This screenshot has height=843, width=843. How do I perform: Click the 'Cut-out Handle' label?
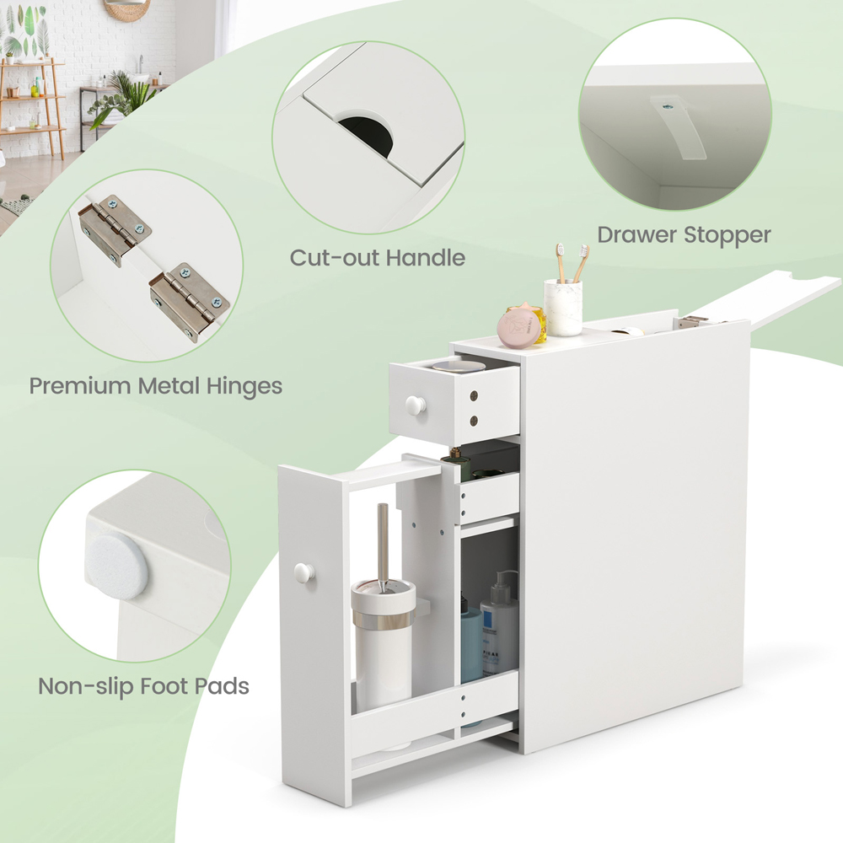pyautogui.click(x=378, y=257)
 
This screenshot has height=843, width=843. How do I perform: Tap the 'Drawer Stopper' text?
pyautogui.click(x=684, y=234)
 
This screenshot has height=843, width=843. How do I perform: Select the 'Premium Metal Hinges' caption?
pyautogui.click(x=156, y=386)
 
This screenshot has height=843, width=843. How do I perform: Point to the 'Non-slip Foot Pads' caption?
pyautogui.click(x=143, y=685)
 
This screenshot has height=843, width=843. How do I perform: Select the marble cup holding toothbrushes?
pyautogui.click(x=563, y=307)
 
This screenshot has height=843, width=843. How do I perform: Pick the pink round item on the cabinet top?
pyautogui.click(x=519, y=327)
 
